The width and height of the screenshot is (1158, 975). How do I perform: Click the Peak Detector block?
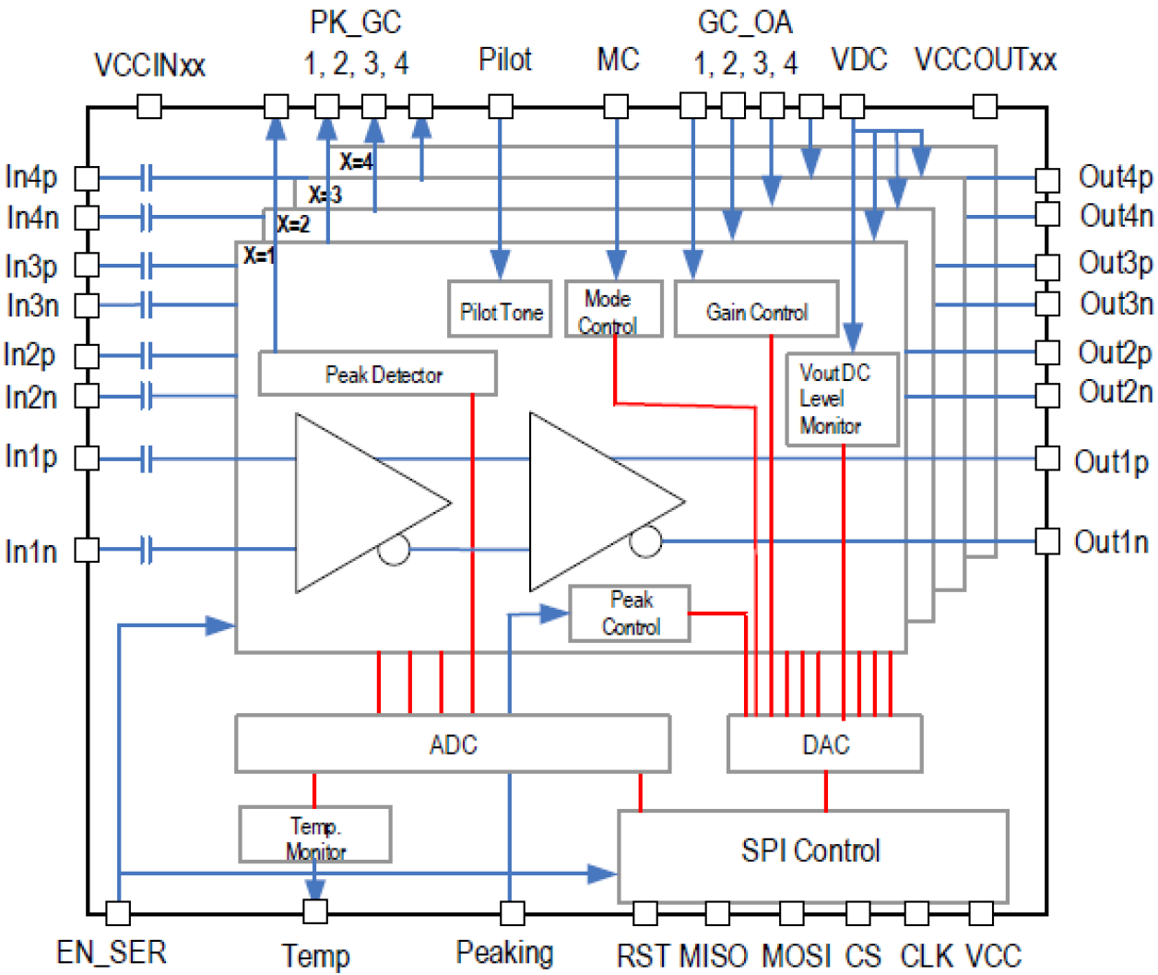click(x=377, y=374)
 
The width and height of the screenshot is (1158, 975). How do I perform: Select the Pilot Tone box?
click(x=500, y=309)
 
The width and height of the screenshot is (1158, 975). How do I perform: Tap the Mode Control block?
click(x=613, y=310)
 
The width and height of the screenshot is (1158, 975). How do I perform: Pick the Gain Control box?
click(x=756, y=309)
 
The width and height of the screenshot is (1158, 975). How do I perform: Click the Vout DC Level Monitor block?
click(x=841, y=399)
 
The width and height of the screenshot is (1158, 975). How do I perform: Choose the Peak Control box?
click(x=630, y=613)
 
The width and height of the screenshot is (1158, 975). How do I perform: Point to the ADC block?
click(x=452, y=744)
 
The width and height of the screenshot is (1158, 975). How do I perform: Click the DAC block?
click(x=824, y=744)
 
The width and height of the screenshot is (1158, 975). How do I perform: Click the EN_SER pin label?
click(x=111, y=952)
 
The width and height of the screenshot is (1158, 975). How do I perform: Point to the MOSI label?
click(x=796, y=955)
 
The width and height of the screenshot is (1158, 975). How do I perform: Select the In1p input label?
click(x=30, y=456)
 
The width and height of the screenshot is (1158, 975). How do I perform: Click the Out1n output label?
click(x=1111, y=541)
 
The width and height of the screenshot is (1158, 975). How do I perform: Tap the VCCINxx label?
click(x=149, y=65)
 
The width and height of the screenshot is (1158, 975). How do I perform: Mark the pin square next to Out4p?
click(x=1047, y=179)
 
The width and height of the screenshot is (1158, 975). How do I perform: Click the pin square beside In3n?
click(x=87, y=305)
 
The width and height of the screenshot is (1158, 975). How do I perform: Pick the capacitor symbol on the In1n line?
click(x=146, y=550)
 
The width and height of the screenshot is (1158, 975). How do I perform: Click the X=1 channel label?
click(x=259, y=256)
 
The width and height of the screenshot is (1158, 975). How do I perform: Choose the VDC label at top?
click(x=858, y=59)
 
